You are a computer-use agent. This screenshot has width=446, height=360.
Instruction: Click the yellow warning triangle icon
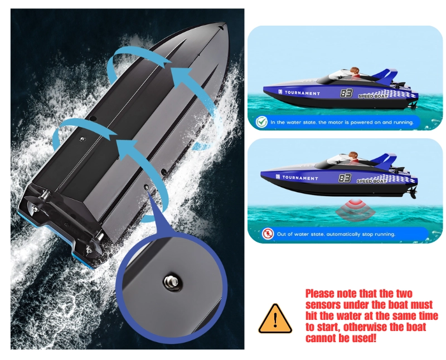click(x=275, y=319)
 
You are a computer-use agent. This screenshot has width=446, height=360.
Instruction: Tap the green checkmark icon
click(x=261, y=122)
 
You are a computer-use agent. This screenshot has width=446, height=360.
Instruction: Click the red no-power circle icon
click(x=268, y=233)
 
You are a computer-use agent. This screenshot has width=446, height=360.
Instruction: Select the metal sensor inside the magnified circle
click(x=171, y=283)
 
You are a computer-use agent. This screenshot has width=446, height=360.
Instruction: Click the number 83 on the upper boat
click(x=346, y=93)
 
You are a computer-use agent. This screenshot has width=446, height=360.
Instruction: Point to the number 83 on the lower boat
click(x=345, y=178)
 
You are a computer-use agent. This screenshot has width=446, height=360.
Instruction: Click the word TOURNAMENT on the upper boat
click(x=302, y=93)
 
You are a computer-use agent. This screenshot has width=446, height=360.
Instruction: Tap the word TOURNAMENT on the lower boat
click(x=300, y=178)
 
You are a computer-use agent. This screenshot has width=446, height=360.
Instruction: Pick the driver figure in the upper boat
click(x=355, y=72)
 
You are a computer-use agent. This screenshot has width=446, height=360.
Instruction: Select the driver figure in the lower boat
click(x=353, y=157)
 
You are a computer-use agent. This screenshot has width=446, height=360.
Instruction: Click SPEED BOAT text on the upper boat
click(x=372, y=96)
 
